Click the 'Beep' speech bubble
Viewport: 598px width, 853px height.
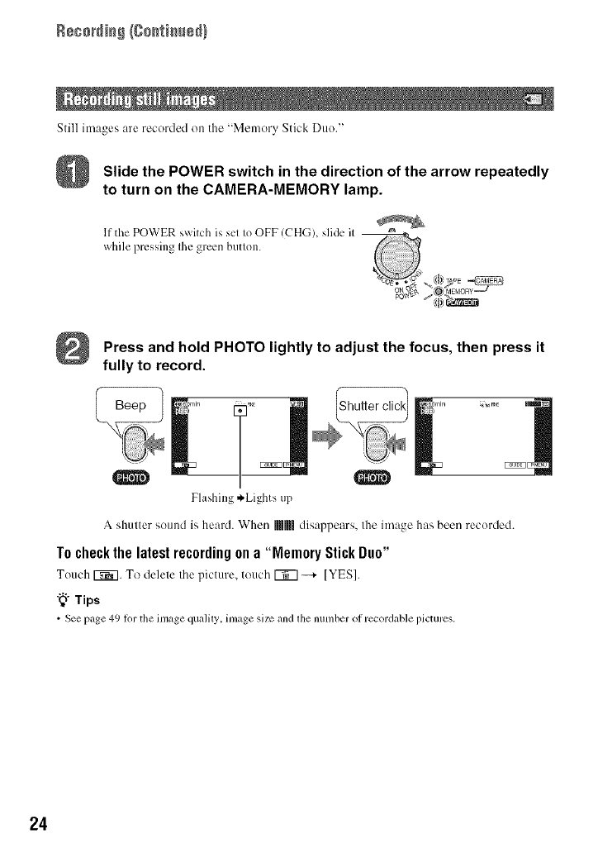point(131,406)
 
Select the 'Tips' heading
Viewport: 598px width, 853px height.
point(82,600)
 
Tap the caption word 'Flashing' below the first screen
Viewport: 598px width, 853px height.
point(211,499)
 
